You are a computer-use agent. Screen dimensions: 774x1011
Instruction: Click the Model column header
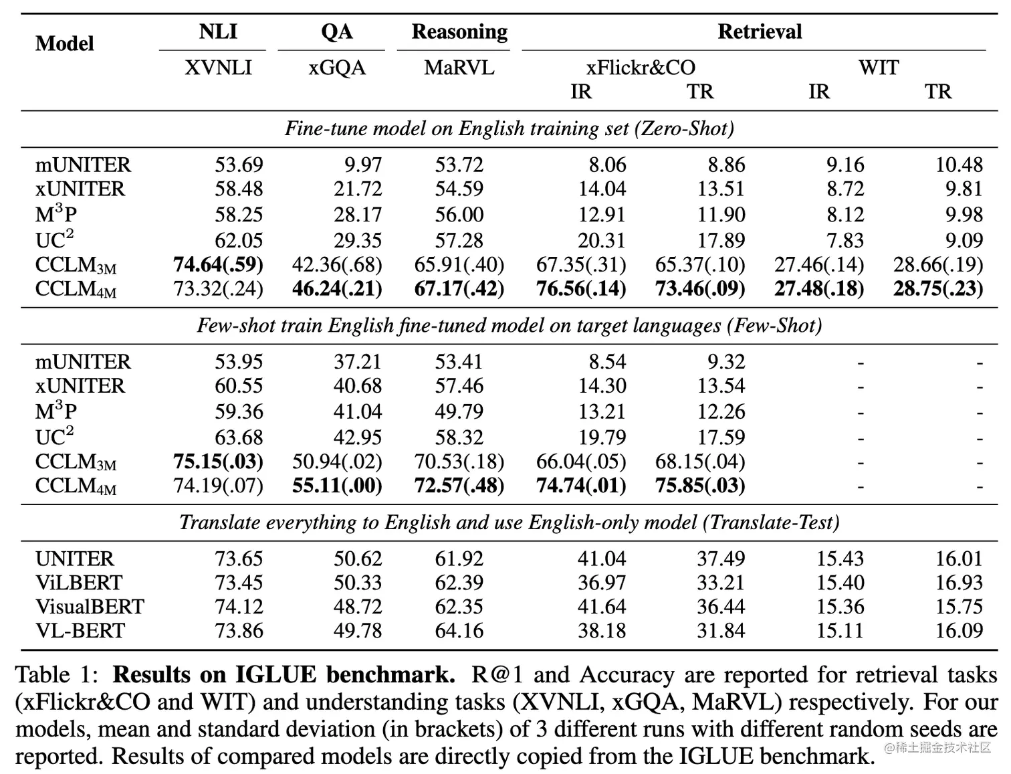(64, 43)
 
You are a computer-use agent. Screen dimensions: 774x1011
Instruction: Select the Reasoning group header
(459, 31)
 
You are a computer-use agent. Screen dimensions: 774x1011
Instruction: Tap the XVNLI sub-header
(218, 68)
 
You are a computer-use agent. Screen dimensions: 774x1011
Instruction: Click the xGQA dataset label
(337, 68)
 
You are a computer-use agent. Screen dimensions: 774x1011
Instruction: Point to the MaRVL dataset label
(459, 68)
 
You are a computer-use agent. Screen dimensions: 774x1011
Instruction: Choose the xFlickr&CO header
(641, 68)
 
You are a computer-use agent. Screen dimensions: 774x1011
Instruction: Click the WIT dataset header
(879, 68)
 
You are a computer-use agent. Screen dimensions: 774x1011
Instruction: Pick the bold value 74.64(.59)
(218, 265)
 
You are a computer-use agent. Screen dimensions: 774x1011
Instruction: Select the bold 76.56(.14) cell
(581, 289)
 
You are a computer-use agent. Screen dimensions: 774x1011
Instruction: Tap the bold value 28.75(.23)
(938, 289)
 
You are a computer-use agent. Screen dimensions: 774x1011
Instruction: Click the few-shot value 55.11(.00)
(337, 486)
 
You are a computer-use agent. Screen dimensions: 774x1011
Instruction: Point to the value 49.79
(459, 411)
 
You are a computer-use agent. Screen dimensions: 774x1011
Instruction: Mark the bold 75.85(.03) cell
(700, 486)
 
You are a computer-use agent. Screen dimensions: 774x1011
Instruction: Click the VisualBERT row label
(90, 607)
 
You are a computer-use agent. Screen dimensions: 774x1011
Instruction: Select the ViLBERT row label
(79, 583)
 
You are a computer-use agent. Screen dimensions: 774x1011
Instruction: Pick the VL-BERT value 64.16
(459, 631)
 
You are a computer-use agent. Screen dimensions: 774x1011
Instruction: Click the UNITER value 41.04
(602, 559)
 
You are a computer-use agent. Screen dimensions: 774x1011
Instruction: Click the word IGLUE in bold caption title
(275, 675)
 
